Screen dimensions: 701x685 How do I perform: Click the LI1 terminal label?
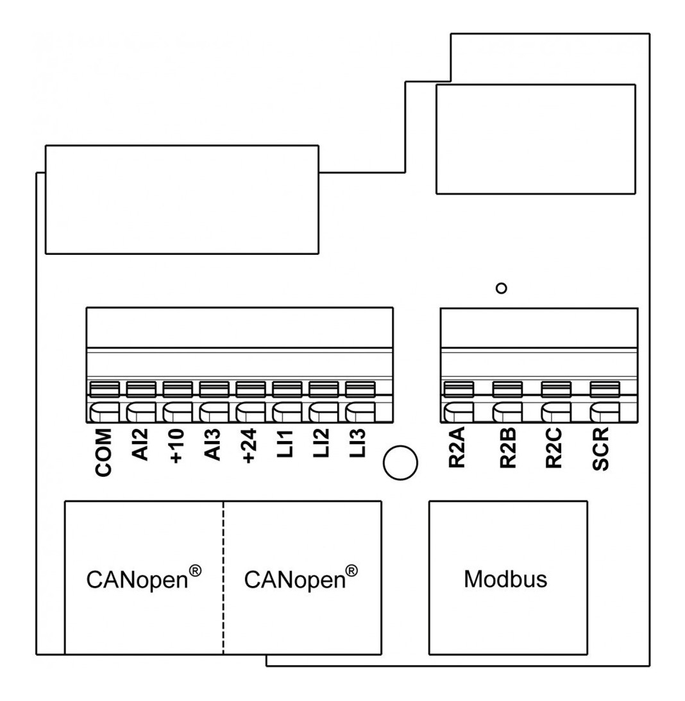(x=286, y=444)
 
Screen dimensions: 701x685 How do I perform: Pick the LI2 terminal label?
(x=323, y=444)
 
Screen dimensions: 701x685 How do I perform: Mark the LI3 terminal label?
(x=359, y=444)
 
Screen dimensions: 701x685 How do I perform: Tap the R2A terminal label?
(x=457, y=451)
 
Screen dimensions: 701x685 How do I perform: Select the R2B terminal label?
(x=507, y=451)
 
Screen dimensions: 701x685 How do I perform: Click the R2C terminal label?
(x=555, y=451)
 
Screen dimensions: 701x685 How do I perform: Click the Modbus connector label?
(x=505, y=579)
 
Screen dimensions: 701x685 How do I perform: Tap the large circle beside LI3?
(x=400, y=461)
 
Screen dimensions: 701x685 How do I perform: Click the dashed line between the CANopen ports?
(x=223, y=578)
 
